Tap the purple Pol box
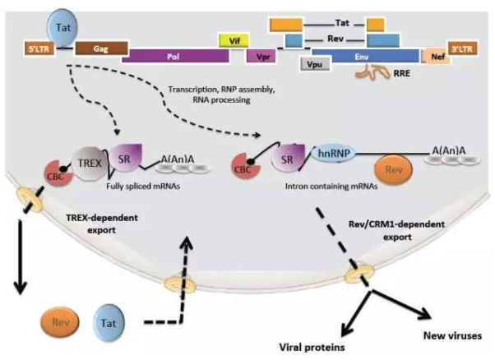coord(175,55)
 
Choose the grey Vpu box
coord(312,65)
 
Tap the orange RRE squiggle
coord(373,76)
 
